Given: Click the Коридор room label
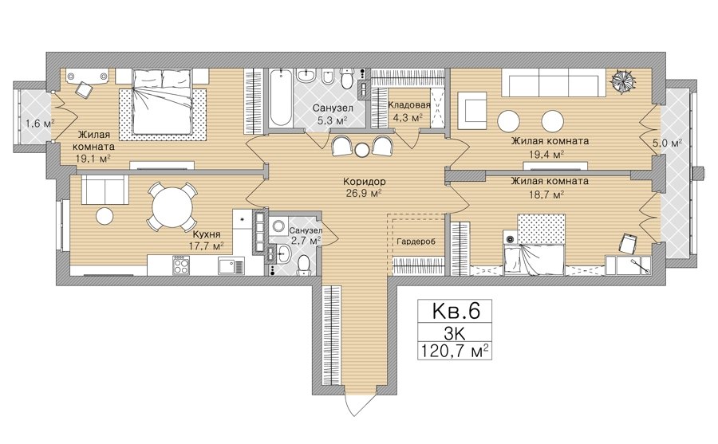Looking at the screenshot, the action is [x=364, y=181].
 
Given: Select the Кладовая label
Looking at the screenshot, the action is [x=409, y=104].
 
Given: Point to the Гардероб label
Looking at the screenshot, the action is [x=416, y=242].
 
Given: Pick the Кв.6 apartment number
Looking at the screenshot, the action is [x=456, y=311].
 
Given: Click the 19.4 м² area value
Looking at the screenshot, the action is [x=546, y=155].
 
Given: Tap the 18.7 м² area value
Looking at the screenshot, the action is [x=546, y=194].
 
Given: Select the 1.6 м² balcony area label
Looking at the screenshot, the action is [x=40, y=123].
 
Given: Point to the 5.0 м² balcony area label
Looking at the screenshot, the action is [x=667, y=143].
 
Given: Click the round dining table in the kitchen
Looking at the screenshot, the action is [x=170, y=206].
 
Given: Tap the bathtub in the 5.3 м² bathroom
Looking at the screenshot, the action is [x=280, y=97].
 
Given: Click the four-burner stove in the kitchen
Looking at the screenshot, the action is [x=181, y=265].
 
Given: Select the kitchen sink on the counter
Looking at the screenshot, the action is [x=231, y=266].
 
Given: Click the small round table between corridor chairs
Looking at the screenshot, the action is [x=363, y=149].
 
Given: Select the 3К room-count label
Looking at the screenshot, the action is [x=454, y=332].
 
